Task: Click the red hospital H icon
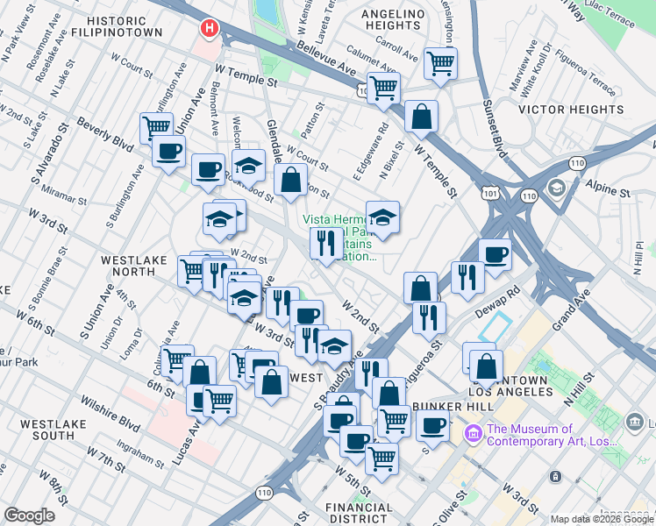click(209, 29)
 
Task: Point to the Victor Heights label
click(571, 110)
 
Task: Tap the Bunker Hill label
click(446, 406)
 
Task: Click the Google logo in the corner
click(29, 515)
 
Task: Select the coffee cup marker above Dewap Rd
click(496, 253)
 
